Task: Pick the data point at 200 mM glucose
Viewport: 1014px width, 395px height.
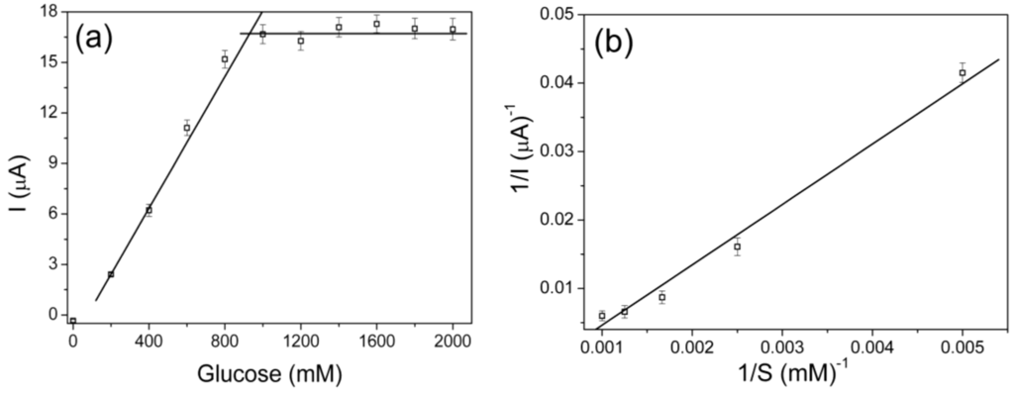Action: [x=111, y=274]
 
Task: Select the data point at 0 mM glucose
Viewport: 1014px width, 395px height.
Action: [x=73, y=321]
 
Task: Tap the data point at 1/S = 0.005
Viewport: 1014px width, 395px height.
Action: [x=963, y=72]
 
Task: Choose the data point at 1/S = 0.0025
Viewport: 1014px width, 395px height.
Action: [x=737, y=247]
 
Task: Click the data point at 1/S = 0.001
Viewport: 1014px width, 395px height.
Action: [x=602, y=316]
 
